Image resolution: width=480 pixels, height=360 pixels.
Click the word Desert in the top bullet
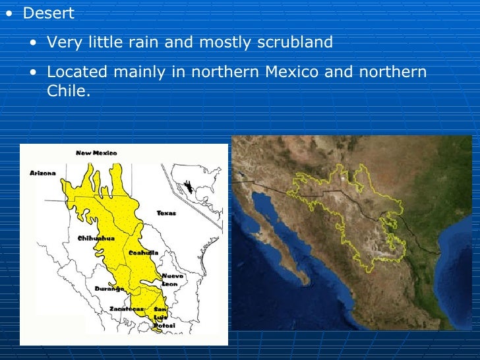pos(48,14)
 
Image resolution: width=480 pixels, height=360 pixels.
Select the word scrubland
pos(296,43)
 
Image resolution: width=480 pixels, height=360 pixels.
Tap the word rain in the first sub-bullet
pos(169,43)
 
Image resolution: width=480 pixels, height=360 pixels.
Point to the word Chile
pos(67,91)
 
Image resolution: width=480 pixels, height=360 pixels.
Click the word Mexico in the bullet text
pos(293,71)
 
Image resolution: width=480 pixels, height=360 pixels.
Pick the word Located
pos(75,71)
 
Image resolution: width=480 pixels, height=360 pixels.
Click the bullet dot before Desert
pos(9,14)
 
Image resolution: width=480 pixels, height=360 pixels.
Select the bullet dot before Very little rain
pos(33,44)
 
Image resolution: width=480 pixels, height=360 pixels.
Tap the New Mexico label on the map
pos(96,153)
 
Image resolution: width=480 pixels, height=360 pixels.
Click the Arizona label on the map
pos(43,173)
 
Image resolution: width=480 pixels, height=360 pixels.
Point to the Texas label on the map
pos(166,213)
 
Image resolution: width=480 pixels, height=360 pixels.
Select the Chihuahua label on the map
pos(96,237)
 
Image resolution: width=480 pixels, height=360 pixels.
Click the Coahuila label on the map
pos(143,253)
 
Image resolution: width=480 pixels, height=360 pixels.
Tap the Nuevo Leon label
pos(172,280)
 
